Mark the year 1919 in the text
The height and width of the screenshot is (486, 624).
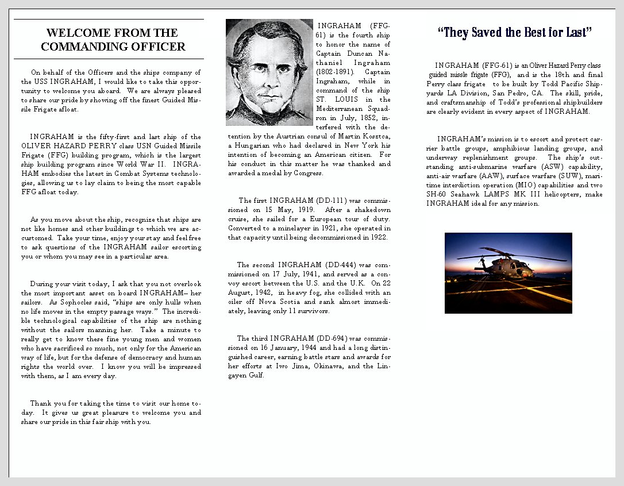[304, 210]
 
